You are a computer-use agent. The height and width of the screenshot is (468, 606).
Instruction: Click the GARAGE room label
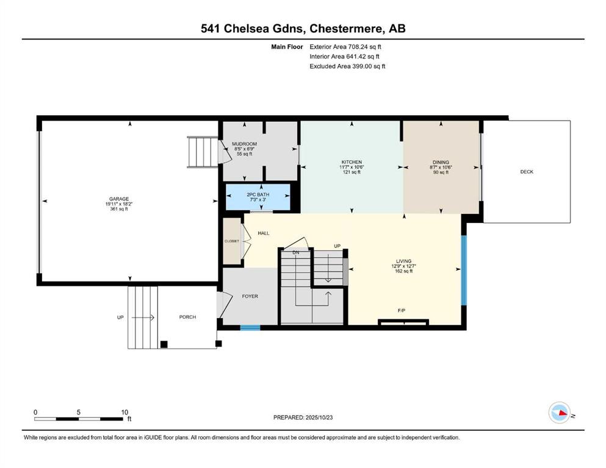click(118, 199)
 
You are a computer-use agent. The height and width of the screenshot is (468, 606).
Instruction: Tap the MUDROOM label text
click(244, 144)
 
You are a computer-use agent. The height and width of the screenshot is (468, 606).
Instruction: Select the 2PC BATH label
click(258, 195)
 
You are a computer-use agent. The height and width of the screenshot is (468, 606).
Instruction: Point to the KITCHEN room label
click(352, 162)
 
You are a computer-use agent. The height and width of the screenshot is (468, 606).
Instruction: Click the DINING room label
click(441, 163)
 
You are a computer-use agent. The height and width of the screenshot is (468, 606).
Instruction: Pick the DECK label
click(527, 172)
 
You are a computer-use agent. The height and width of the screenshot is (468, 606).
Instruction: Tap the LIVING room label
click(403, 261)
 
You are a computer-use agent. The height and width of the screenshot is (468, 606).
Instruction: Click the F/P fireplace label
click(402, 310)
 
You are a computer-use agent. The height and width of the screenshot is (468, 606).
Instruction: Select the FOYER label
click(250, 296)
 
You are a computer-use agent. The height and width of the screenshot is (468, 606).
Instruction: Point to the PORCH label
click(187, 317)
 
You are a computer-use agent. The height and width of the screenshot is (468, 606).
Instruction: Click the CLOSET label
click(232, 241)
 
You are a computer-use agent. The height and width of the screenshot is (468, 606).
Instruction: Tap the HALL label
click(264, 233)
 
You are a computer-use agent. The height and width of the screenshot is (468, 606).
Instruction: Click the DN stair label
click(296, 253)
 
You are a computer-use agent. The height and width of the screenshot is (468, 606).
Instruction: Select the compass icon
click(559, 413)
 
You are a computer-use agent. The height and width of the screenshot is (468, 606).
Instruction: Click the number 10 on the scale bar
click(124, 412)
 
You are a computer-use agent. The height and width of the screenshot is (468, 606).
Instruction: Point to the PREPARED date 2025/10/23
click(319, 417)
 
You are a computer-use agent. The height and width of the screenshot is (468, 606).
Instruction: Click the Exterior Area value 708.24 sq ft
click(365, 47)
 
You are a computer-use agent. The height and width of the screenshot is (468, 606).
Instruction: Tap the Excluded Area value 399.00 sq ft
click(369, 66)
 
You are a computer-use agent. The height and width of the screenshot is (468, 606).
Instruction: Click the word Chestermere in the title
click(346, 29)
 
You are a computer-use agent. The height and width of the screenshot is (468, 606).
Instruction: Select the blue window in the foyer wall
click(250, 328)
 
